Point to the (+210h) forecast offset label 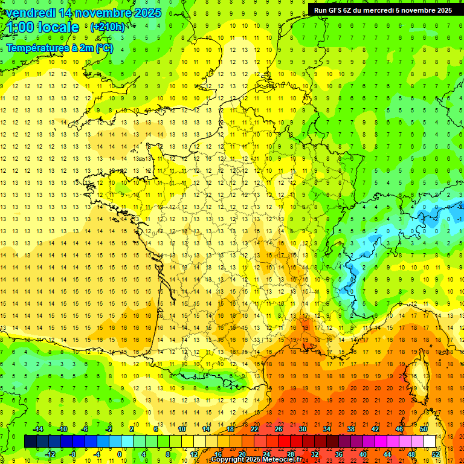point(108,27)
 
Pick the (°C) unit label point(105,48)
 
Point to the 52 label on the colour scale point(436,454)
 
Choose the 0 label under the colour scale point(119,454)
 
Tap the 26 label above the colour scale point(279,429)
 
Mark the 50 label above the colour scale point(424,429)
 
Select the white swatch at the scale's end point(430,442)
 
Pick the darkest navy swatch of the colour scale point(30,442)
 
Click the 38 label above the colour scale point(351,429)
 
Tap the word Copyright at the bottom point(226,460)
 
